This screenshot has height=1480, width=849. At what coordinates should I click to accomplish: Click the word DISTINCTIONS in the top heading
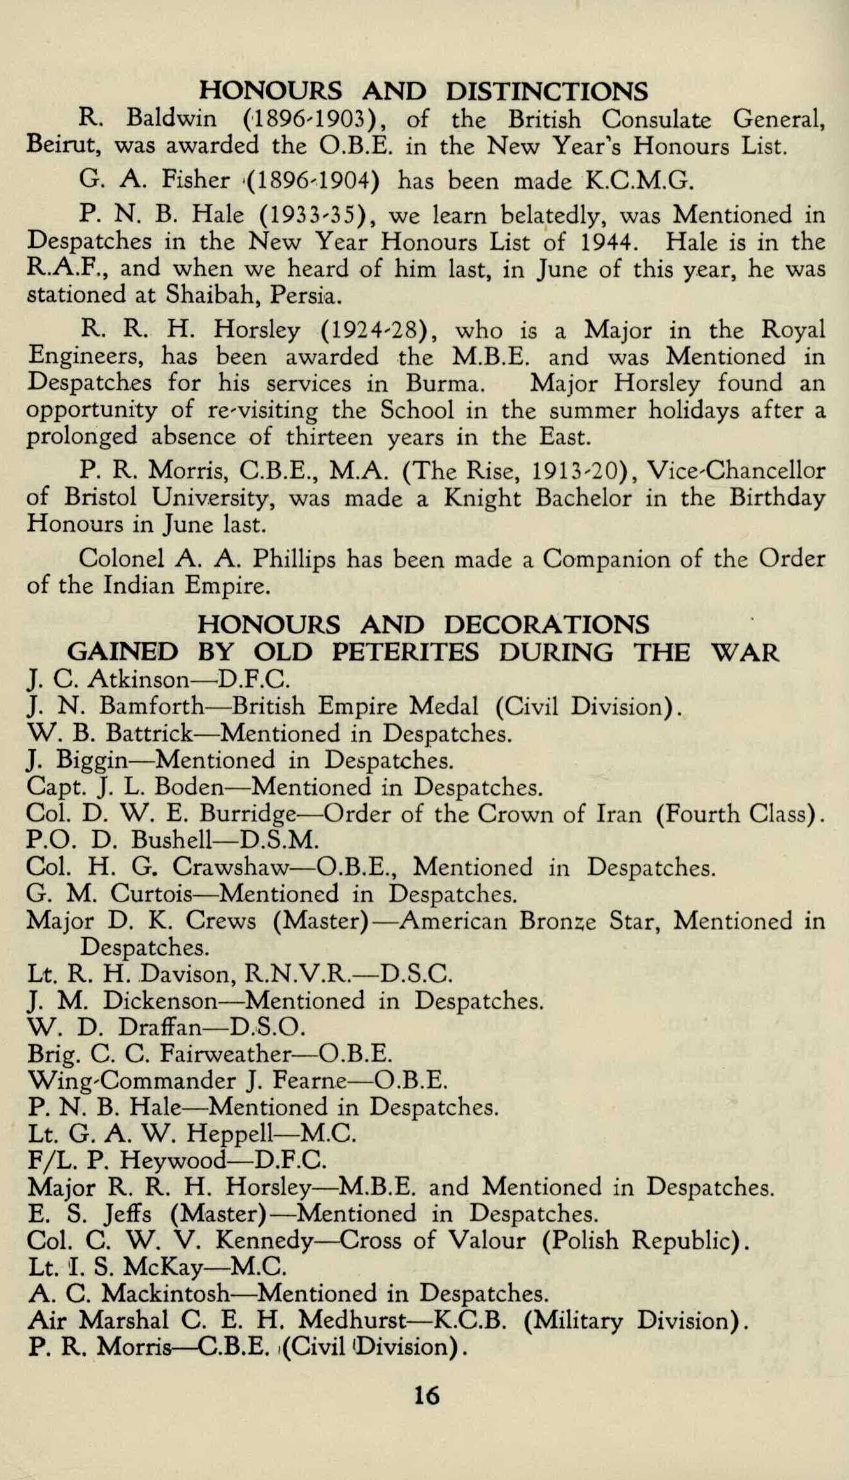pyautogui.click(x=546, y=92)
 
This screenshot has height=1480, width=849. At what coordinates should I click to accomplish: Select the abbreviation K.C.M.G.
pyautogui.click(x=638, y=182)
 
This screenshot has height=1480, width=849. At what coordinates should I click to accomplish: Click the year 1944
pyautogui.click(x=611, y=242)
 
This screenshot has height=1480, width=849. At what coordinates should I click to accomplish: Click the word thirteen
pyautogui.click(x=330, y=437)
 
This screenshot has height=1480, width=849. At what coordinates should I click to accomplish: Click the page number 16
pyautogui.click(x=426, y=1396)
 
